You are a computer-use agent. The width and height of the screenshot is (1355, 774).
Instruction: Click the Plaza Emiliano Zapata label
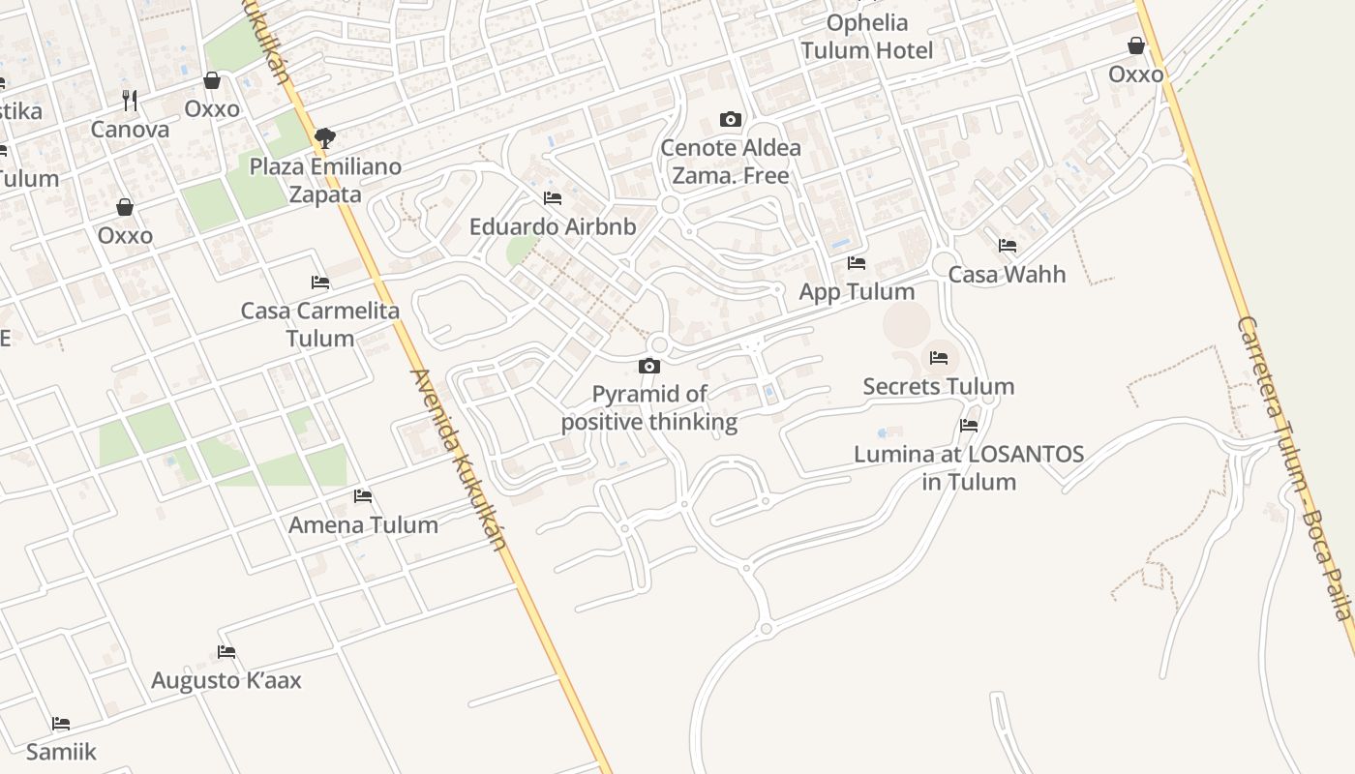coord(325,180)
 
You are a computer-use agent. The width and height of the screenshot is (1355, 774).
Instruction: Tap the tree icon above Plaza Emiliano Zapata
coord(325,137)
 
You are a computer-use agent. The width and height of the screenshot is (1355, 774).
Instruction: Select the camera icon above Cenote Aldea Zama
coord(731,119)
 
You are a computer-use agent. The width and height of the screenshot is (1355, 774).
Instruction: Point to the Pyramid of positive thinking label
coord(649,408)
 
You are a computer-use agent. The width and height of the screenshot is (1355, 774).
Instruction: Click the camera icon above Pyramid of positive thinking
coord(649,366)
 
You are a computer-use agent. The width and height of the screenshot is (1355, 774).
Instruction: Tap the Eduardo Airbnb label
coord(553,226)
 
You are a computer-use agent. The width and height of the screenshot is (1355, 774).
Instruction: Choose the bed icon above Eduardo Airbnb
coord(553,198)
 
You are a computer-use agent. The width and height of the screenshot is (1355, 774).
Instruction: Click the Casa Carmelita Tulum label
coord(320,324)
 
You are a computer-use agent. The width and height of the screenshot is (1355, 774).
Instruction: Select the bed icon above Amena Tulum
coord(363,496)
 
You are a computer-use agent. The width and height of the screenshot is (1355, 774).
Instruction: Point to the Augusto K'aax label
coord(226,680)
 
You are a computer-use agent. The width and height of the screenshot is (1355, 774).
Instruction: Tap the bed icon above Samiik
coord(61,723)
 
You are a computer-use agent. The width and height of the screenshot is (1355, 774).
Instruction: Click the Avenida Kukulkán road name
coord(460,460)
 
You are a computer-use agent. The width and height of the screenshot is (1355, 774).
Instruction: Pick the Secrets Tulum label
coord(939,386)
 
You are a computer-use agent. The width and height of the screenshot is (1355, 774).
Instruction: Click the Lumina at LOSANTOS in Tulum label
coord(969,467)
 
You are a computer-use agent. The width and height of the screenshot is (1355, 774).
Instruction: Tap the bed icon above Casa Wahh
coord(1008,246)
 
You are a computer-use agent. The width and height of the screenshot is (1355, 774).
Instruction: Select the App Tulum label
coord(857,291)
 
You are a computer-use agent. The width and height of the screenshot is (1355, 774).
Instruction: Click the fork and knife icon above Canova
coord(130,100)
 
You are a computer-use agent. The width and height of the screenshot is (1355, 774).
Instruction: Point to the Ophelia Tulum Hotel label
coord(867,37)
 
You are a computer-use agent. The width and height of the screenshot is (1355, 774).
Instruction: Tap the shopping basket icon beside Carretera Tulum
coord(1136,45)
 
